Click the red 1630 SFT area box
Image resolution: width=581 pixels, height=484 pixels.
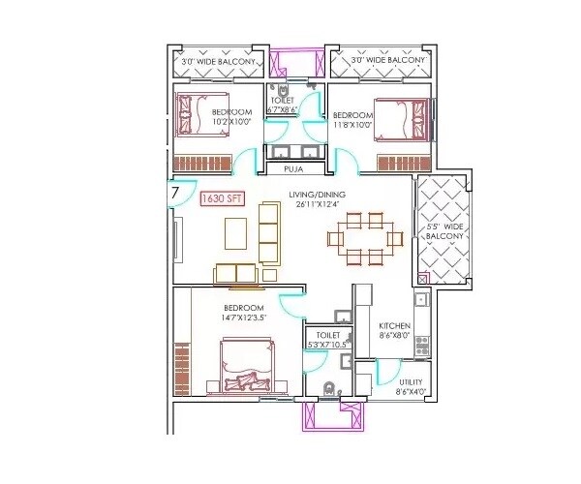222,199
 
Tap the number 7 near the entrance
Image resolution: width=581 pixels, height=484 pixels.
174,194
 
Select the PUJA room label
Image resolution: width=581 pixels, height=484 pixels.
293,169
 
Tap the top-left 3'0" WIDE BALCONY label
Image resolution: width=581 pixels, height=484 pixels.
219,62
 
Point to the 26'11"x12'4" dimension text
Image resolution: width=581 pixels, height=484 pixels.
315,205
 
